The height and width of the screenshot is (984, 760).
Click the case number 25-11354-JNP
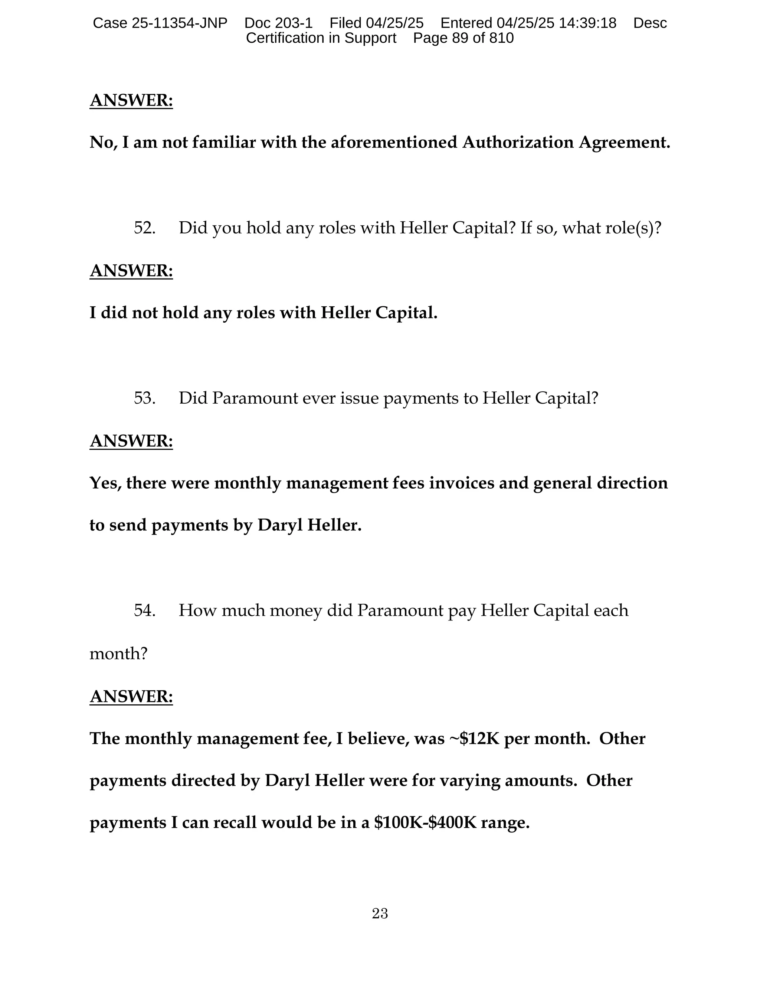(x=179, y=23)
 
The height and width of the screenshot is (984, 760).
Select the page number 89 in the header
(x=460, y=38)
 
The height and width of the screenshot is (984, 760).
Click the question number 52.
(x=144, y=228)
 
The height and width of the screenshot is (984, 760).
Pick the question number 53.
(x=144, y=398)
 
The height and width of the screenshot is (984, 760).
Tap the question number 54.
(x=144, y=610)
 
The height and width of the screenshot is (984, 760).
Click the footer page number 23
(x=380, y=913)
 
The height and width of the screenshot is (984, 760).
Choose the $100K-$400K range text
(x=425, y=823)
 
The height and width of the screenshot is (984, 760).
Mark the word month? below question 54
(x=118, y=653)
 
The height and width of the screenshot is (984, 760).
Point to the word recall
(x=235, y=823)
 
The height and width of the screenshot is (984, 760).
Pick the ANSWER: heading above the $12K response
(x=131, y=697)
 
